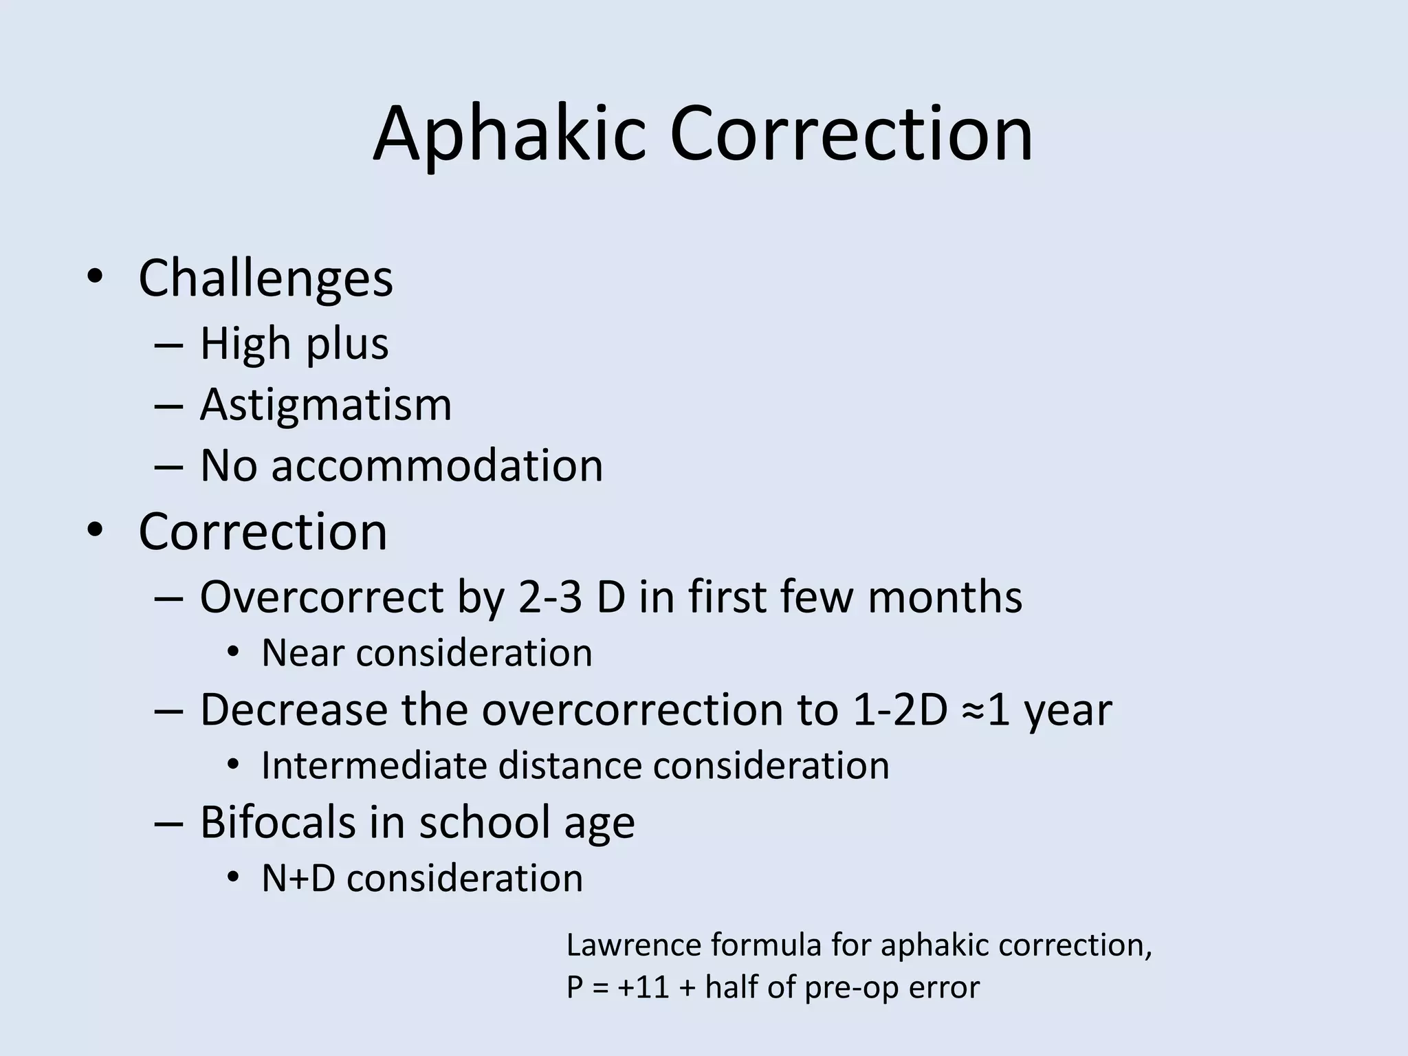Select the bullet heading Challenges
coord(265,278)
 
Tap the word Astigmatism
coord(326,404)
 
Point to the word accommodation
coord(437,465)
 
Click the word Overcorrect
coord(322,596)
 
